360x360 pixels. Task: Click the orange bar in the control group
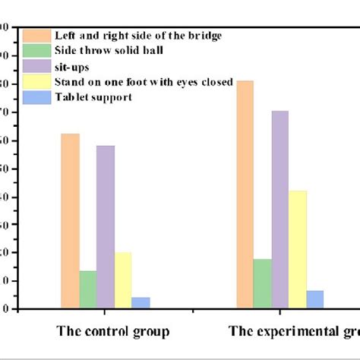(71, 221)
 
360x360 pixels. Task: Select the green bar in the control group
(88, 289)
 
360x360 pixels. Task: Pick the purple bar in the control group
(106, 227)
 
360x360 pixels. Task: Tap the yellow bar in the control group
(122, 280)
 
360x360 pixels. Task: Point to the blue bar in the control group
(141, 302)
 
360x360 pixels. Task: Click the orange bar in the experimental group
(245, 194)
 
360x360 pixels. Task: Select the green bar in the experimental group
(263, 283)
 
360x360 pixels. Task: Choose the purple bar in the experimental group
(279, 210)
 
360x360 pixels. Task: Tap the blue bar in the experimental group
(315, 299)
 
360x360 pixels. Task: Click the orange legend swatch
(36, 36)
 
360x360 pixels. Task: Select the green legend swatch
(36, 51)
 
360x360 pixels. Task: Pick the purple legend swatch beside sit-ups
(36, 66)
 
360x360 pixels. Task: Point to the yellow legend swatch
(36, 81)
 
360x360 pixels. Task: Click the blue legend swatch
(36, 96)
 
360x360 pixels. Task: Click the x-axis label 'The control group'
(113, 331)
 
